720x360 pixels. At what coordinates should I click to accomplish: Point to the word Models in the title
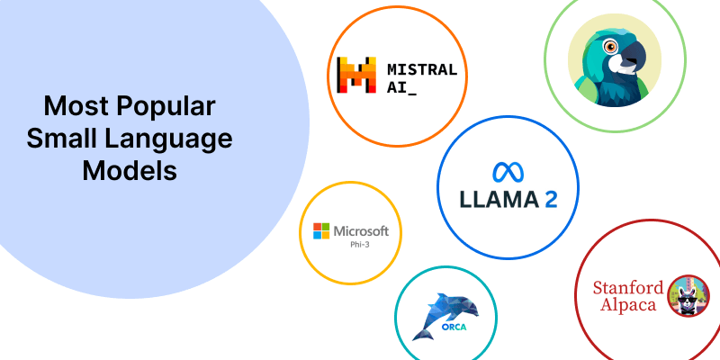pyautogui.click(x=130, y=170)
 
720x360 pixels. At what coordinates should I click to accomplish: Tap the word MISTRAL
pyautogui.click(x=421, y=69)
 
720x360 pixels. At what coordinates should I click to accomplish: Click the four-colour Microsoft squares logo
pyautogui.click(x=319, y=232)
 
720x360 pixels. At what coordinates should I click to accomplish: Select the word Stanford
pyautogui.click(x=628, y=288)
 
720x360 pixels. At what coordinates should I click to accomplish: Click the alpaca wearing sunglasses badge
pyautogui.click(x=688, y=295)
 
